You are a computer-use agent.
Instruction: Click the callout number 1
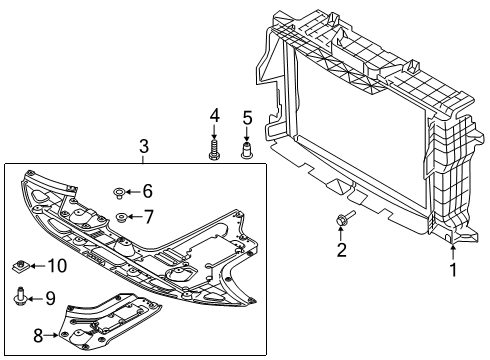point(452,268)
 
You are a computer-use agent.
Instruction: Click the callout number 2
point(341,249)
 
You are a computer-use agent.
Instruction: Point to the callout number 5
point(246,119)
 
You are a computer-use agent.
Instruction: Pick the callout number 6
point(147,191)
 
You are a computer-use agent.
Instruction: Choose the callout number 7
point(147,217)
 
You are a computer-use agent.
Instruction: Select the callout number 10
point(56,265)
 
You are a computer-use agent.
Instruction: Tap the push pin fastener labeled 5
point(246,152)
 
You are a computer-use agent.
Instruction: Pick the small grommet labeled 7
point(121,217)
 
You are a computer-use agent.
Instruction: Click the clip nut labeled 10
point(19,266)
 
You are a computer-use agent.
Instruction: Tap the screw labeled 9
point(20,297)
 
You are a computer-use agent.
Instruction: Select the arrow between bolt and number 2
point(341,232)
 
